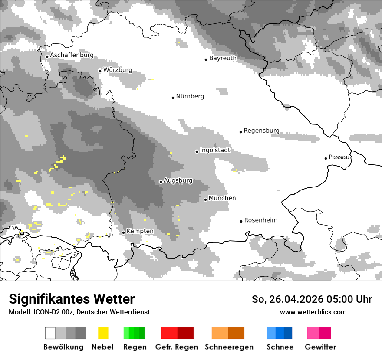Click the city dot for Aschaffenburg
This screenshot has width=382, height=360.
point(47,56)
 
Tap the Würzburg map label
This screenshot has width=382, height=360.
point(118,70)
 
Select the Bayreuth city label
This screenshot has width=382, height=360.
point(223,58)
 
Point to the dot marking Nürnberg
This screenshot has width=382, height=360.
point(173,98)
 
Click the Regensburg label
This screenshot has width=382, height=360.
point(261,131)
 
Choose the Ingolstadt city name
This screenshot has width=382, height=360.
point(215,150)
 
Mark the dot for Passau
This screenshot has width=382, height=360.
point(326,158)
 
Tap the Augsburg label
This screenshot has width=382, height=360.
point(178,180)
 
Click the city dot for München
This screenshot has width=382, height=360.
point(205,200)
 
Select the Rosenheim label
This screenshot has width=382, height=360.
point(260,220)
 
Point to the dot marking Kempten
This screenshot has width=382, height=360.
point(123,232)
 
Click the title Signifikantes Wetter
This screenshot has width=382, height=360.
point(72,299)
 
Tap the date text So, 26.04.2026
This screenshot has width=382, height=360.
point(289,299)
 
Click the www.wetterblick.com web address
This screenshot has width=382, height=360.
point(313,312)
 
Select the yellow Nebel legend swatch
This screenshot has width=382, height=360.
point(103,333)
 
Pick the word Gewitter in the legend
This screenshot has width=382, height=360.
point(320,347)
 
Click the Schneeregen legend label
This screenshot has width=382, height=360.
point(229,347)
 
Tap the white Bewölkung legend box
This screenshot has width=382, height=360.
point(50,333)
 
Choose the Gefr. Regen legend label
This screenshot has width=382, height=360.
point(176,347)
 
